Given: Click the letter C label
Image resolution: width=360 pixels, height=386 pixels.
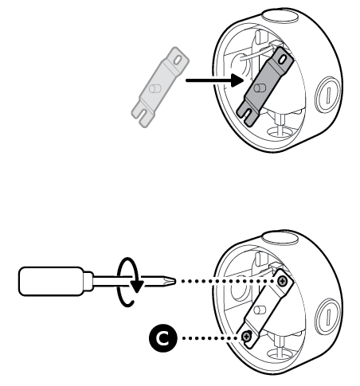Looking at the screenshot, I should [x=162, y=339].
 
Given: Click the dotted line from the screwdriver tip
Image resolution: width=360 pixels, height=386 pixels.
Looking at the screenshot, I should [x=227, y=281].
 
